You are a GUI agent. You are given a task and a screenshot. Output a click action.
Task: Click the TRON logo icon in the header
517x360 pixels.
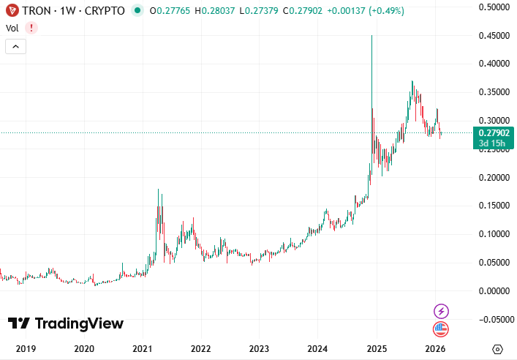[x=12, y=11]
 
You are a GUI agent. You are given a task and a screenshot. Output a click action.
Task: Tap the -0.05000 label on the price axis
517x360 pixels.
[x=492, y=319]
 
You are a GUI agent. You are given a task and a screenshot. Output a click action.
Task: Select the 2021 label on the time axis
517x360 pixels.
[x=143, y=349]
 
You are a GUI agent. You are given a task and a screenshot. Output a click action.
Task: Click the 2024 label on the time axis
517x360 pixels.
[x=318, y=349]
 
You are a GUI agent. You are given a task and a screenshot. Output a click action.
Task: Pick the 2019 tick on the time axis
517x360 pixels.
[x=26, y=349]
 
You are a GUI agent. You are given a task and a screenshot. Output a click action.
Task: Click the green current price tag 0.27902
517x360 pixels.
[x=494, y=132]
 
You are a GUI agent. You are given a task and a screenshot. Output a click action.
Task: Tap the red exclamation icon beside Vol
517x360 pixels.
[x=31, y=28]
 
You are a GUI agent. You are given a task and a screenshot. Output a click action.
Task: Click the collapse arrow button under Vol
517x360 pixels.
[x=16, y=46]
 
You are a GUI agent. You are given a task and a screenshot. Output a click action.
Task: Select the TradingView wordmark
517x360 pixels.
[x=66, y=323]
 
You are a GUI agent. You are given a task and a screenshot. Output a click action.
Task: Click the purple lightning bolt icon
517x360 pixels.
[x=441, y=311]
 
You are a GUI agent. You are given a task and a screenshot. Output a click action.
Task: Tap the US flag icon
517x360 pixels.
[x=441, y=329]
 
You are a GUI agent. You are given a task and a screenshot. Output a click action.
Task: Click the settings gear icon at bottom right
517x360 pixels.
[x=498, y=349]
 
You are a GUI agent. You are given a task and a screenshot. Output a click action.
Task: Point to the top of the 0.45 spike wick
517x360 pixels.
[x=371, y=36]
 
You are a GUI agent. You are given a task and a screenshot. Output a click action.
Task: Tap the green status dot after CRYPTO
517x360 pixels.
[x=137, y=11]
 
